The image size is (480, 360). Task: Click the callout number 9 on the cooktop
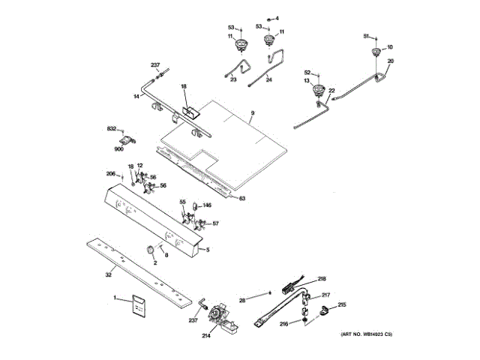point(253,113)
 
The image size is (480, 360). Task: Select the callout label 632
point(111,130)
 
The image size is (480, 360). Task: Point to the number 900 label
point(118,148)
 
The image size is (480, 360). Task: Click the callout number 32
point(108,275)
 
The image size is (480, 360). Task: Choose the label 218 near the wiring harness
point(322,278)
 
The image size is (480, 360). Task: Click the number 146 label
point(207,205)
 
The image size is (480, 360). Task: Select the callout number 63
point(242,199)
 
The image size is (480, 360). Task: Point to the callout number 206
point(109,174)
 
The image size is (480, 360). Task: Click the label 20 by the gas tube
point(390,61)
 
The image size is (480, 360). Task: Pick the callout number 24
point(269,79)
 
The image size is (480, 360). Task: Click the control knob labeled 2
point(150,250)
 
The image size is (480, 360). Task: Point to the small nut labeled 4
point(269,18)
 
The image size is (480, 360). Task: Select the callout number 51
point(366,35)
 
